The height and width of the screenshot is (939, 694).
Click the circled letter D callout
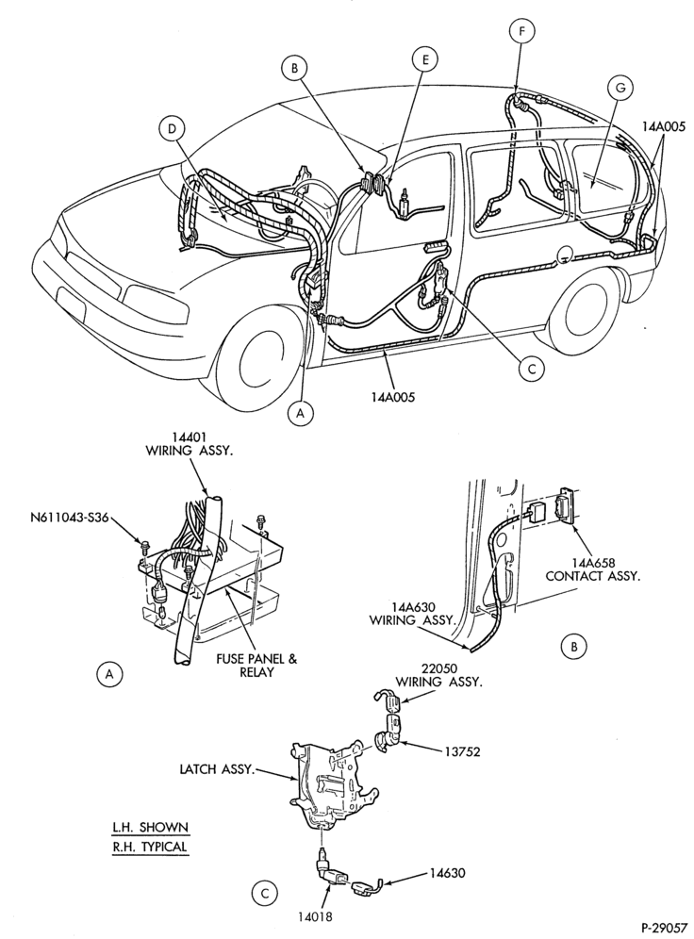click(172, 128)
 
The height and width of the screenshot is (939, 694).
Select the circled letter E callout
click(424, 59)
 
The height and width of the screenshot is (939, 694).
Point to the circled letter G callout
click(620, 88)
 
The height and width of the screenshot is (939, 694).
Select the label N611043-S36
click(71, 518)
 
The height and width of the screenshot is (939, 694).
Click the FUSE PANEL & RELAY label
click(256, 666)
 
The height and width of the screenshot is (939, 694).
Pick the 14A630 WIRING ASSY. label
click(412, 613)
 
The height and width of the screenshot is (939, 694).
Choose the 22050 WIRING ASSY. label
click(438, 675)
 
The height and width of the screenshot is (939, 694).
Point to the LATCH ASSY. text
click(215, 768)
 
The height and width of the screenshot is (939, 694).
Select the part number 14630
click(447, 873)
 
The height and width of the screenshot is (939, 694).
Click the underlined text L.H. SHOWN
click(150, 828)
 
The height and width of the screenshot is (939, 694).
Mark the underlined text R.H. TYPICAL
click(150, 848)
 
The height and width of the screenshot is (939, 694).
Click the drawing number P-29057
click(664, 928)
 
